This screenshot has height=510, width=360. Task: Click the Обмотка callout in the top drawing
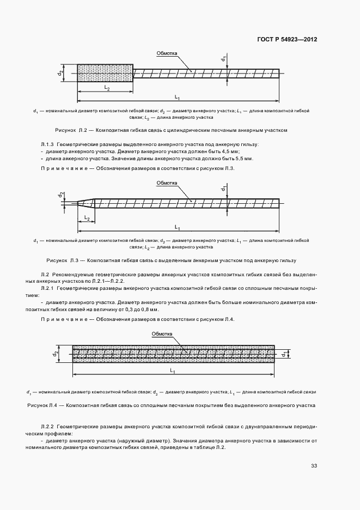click(x=167, y=53)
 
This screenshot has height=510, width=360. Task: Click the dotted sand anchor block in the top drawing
click(x=105, y=73)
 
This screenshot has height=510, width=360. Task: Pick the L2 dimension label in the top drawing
click(x=107, y=88)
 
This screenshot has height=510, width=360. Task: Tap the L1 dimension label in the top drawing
click(x=178, y=97)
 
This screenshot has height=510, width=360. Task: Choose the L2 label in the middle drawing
click(x=86, y=218)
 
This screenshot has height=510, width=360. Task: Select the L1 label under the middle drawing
click(x=178, y=226)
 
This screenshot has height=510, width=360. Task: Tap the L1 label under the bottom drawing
click(x=173, y=371)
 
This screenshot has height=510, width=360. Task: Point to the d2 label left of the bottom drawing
click(x=57, y=353)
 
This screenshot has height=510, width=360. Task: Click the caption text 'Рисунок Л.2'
click(x=70, y=131)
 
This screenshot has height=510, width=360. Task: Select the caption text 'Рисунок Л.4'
click(x=42, y=405)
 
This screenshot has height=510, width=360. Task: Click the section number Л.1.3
click(x=48, y=144)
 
